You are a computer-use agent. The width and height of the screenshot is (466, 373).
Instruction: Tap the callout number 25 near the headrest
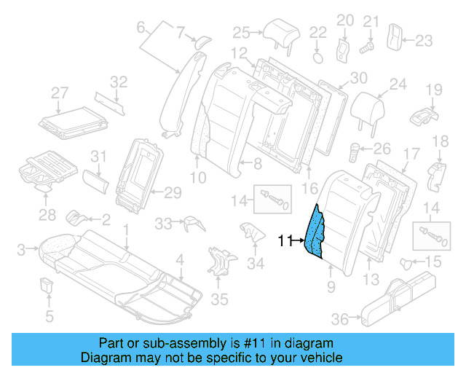tap(241, 31)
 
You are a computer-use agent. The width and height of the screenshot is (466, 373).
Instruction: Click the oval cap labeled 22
tap(318, 55)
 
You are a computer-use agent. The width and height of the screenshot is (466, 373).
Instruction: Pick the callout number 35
tap(218, 299)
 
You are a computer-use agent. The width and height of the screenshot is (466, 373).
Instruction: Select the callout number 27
tap(59, 93)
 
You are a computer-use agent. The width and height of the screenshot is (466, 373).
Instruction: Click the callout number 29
tap(173, 192)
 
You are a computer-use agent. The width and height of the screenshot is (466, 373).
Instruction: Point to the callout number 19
tap(434, 90)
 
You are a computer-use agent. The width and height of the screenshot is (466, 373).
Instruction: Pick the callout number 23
tap(424, 40)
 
